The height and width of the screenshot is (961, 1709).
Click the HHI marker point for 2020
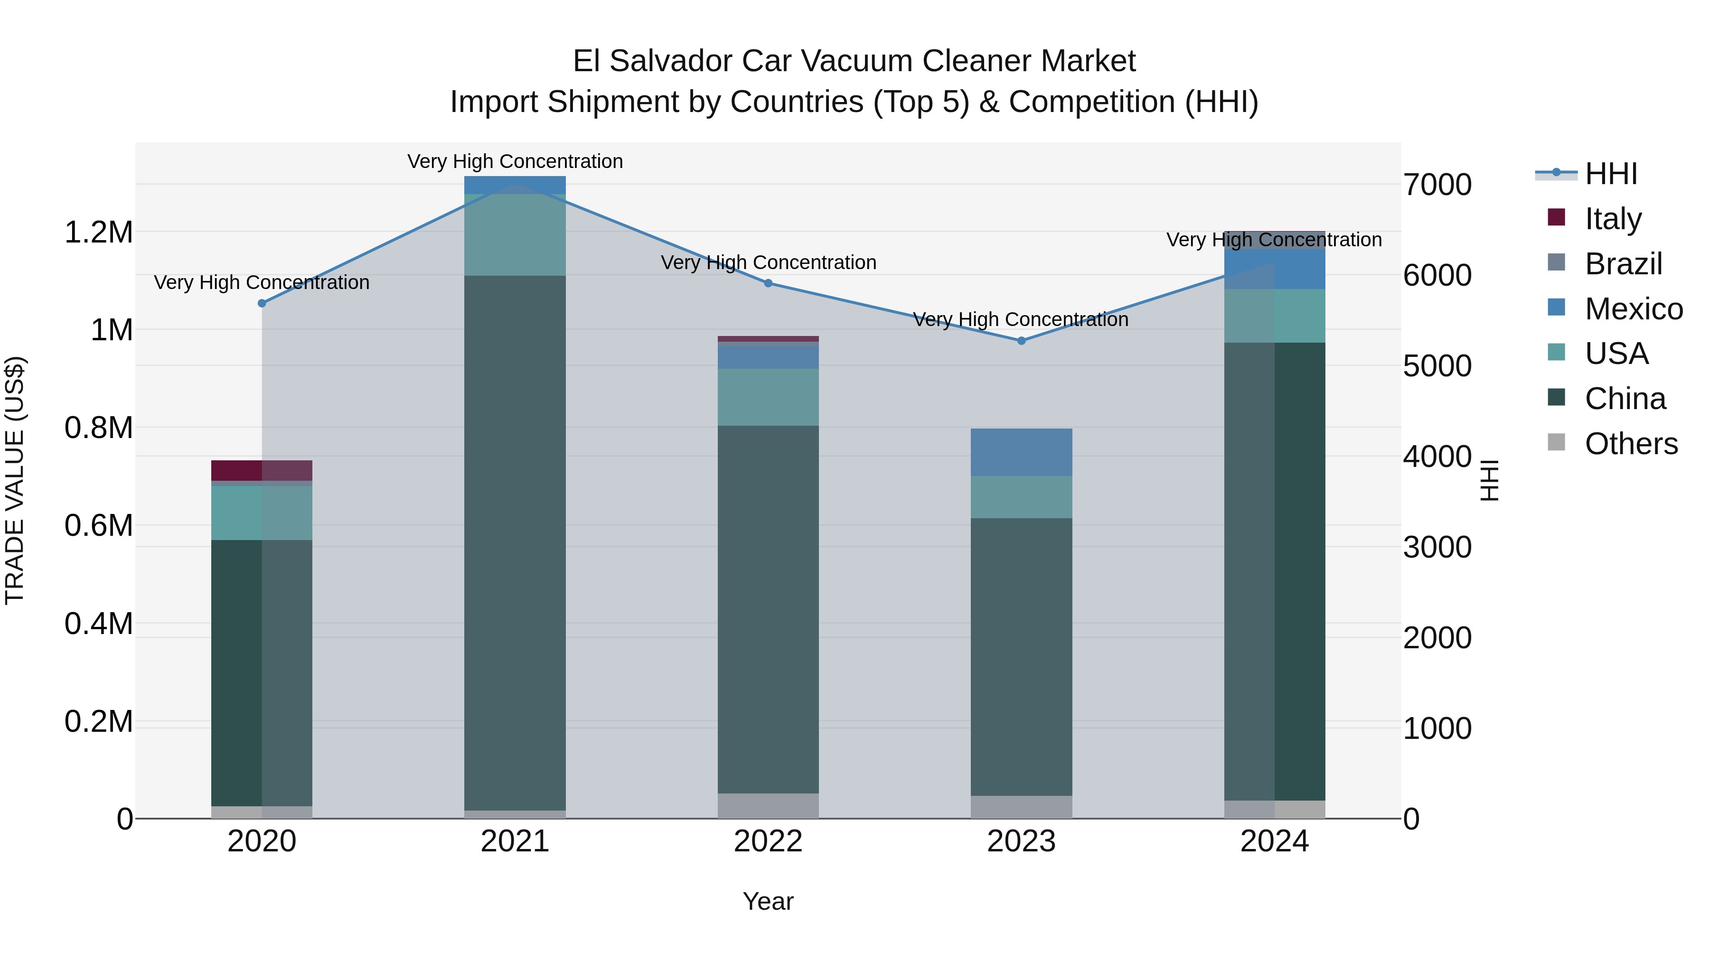point(262,303)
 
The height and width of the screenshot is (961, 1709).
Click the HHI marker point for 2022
point(768,283)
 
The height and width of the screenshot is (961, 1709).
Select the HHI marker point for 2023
point(1022,341)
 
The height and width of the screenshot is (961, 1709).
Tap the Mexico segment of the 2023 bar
point(1022,452)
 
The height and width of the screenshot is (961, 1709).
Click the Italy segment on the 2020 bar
point(262,470)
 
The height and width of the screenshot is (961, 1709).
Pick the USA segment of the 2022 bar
point(768,397)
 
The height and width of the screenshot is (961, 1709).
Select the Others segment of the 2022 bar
point(768,806)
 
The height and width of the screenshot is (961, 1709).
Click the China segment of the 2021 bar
point(515,542)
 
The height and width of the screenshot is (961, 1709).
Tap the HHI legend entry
point(1611,174)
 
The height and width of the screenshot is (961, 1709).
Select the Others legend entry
point(1631,444)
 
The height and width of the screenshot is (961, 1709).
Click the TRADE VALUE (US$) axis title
point(15,480)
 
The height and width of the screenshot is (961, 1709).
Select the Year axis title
point(768,901)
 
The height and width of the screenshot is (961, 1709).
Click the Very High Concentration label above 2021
point(515,161)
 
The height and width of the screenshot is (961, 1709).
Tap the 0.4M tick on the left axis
point(98,624)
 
